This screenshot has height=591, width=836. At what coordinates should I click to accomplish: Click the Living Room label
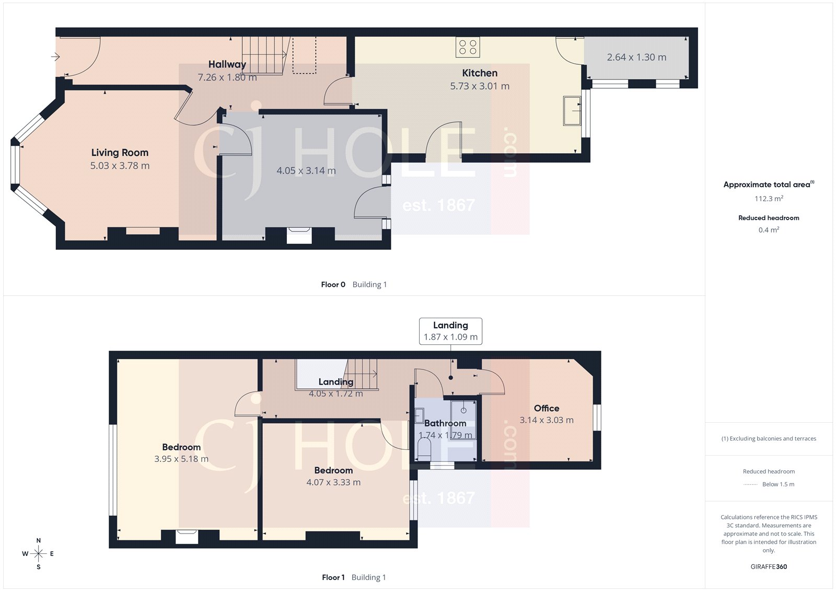pyautogui.click(x=120, y=153)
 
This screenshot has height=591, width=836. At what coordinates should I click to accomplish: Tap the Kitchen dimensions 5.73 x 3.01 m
pyautogui.click(x=480, y=86)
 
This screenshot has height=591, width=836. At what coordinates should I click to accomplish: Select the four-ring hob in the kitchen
pyautogui.click(x=468, y=47)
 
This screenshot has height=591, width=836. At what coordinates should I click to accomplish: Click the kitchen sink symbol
pyautogui.click(x=572, y=111)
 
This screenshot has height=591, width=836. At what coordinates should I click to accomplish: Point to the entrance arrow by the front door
pyautogui.click(x=55, y=57)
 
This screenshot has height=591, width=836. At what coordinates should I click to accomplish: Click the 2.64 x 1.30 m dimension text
pyautogui.click(x=636, y=57)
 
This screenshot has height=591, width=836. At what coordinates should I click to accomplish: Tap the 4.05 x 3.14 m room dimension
pyautogui.click(x=306, y=171)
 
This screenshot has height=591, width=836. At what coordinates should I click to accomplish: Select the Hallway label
pyautogui.click(x=227, y=64)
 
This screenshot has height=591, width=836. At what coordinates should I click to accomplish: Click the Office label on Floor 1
pyautogui.click(x=547, y=408)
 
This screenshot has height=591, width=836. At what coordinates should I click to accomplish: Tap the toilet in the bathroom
pyautogui.click(x=424, y=448)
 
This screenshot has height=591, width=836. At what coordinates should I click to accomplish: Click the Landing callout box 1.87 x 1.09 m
pyautogui.click(x=450, y=331)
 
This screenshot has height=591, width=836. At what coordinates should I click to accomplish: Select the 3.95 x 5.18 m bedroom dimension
pyautogui.click(x=181, y=459)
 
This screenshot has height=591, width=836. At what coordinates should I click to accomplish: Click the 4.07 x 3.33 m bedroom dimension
pyautogui.click(x=333, y=482)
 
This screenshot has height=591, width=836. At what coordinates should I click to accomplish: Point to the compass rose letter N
pyautogui.click(x=39, y=540)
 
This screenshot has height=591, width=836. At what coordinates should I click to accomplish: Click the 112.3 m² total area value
pyautogui.click(x=769, y=199)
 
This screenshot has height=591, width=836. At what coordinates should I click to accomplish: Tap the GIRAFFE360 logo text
pyautogui.click(x=769, y=566)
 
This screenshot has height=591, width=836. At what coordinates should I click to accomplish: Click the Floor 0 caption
pyautogui.click(x=333, y=285)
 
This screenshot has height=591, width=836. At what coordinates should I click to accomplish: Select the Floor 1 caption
pyautogui.click(x=333, y=577)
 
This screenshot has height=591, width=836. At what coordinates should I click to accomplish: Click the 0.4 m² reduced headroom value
pyautogui.click(x=769, y=230)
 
